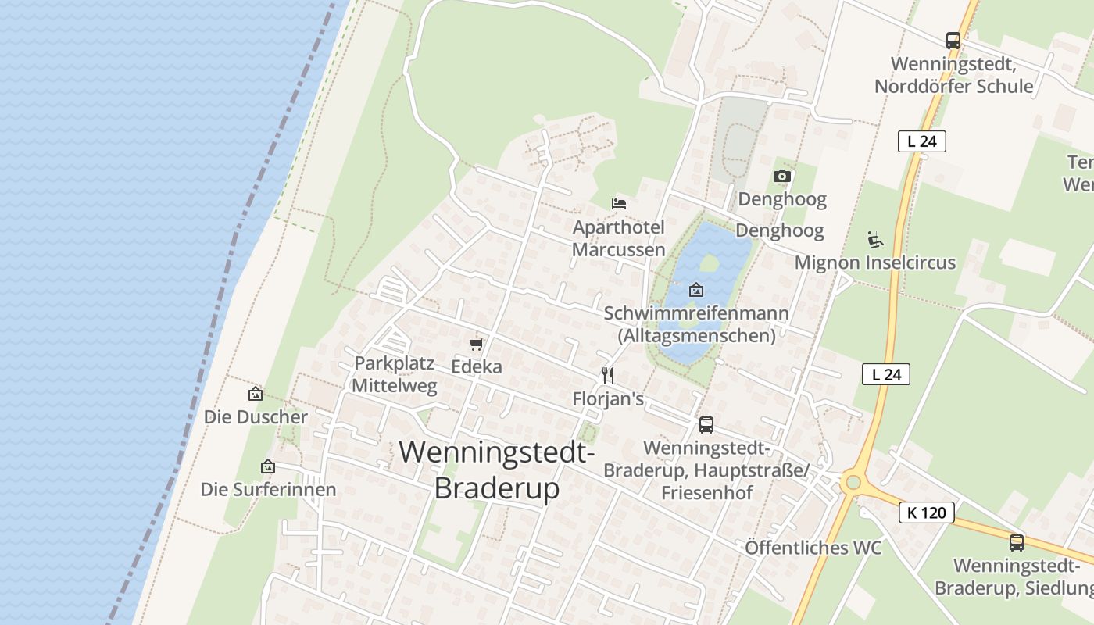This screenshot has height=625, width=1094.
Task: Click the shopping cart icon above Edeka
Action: [x=476, y=344]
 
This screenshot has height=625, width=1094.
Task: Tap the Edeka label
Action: [x=477, y=366]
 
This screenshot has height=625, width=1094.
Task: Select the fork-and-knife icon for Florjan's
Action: [x=608, y=376]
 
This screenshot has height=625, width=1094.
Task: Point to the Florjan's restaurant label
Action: [x=608, y=399]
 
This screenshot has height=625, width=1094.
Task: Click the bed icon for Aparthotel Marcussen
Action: [x=619, y=203]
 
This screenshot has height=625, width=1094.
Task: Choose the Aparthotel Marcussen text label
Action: [x=619, y=238]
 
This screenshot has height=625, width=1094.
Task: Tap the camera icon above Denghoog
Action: [x=781, y=177]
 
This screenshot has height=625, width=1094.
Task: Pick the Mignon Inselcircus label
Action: [x=874, y=262]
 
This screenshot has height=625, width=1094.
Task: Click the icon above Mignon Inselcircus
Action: [x=874, y=239]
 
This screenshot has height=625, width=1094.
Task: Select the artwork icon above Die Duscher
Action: [x=255, y=394]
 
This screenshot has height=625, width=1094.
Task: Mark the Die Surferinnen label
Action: [x=268, y=490]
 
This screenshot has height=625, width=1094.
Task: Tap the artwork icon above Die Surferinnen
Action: [x=268, y=466]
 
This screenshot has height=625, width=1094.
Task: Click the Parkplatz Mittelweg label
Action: [x=394, y=374]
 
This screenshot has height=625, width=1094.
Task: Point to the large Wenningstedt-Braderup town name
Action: [x=497, y=470]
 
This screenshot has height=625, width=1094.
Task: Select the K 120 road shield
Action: [x=927, y=512]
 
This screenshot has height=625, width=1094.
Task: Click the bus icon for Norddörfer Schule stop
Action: [x=953, y=41]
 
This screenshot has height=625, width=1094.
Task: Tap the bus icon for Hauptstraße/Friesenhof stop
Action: [x=706, y=424]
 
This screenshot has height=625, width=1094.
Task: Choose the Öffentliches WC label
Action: [x=813, y=548]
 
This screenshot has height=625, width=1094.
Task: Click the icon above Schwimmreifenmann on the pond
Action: [x=695, y=290]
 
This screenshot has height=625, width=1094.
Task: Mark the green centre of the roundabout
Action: [x=853, y=483]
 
